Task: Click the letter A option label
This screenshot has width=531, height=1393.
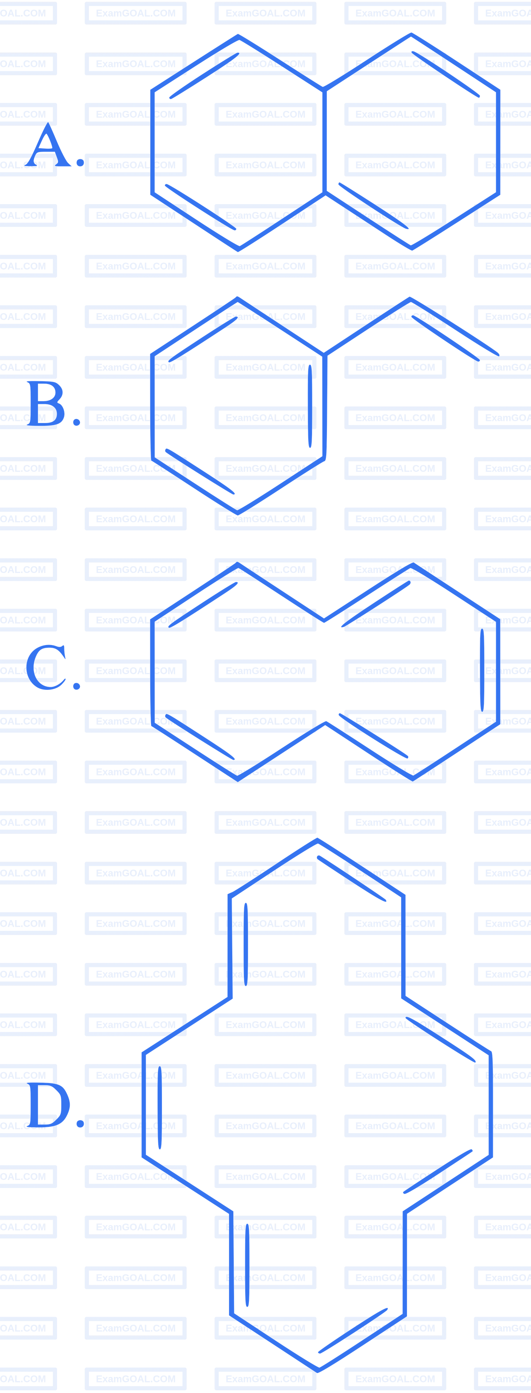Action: tap(48, 145)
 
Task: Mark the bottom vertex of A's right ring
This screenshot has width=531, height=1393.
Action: tap(412, 248)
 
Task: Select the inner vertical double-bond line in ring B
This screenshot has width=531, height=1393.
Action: tap(310, 406)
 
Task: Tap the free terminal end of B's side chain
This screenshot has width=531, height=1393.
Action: tap(497, 355)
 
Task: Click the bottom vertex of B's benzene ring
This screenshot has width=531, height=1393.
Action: tap(237, 512)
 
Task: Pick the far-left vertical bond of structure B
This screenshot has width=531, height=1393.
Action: tap(152, 407)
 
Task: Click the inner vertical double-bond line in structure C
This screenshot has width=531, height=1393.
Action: tap(482, 670)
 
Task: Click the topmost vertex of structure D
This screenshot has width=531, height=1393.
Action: tap(317, 840)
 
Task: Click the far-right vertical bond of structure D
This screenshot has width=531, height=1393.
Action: tap(491, 1104)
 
